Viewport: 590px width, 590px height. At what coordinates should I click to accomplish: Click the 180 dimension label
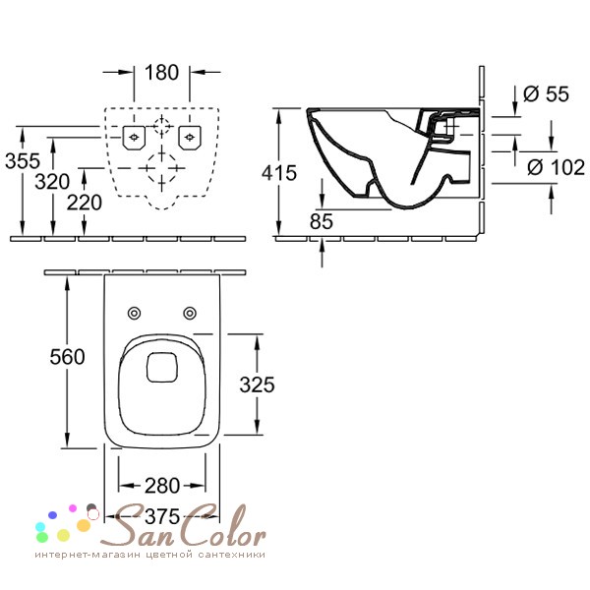[161, 72]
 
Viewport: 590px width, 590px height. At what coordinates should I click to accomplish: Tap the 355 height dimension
[23, 160]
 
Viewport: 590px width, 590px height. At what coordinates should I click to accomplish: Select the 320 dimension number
[52, 182]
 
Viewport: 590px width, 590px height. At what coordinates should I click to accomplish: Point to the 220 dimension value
[85, 203]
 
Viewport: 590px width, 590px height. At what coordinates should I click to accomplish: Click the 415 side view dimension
[279, 173]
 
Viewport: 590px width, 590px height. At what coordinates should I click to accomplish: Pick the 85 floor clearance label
[322, 221]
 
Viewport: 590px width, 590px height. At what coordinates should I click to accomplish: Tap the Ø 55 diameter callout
[546, 93]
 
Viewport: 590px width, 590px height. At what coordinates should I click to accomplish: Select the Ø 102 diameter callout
[557, 167]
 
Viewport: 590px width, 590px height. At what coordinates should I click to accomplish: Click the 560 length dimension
[67, 357]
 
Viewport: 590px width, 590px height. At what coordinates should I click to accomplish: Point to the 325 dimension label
[258, 384]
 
